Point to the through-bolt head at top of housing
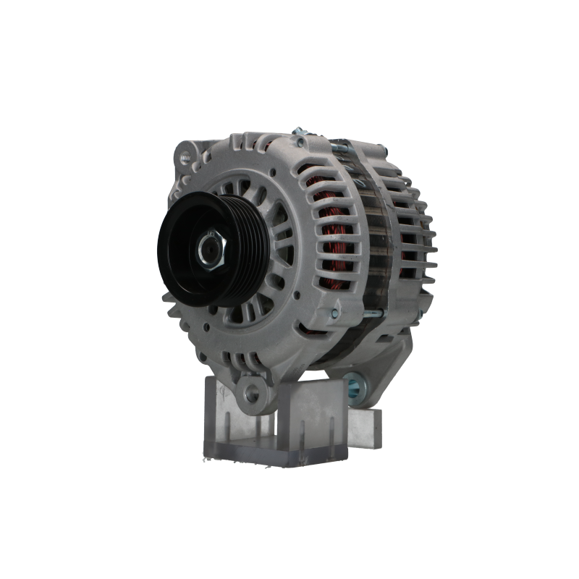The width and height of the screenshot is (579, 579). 297,132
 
